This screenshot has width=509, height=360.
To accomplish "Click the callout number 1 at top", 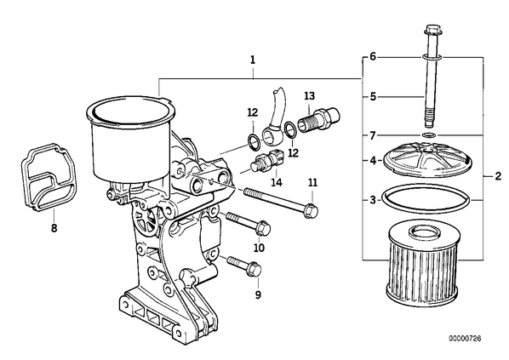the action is point(253,60).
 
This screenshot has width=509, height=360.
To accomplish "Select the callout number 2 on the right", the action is point(498,176).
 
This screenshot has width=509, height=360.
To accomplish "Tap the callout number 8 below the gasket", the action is point(54,228).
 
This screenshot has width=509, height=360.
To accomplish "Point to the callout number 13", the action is point(309,96).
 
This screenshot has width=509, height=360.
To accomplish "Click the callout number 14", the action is point(277,182).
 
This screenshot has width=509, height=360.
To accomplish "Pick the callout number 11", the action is point(312,183).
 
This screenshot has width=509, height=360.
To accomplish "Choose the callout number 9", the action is point(258,294).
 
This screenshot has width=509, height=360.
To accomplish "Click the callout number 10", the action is point(259,248).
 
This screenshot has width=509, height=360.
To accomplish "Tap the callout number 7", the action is point(373,135).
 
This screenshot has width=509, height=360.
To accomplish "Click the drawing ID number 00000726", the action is point(465,339).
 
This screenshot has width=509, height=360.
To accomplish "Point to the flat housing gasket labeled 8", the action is point(49,178).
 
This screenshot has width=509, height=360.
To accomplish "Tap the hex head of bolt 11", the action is point(311,211).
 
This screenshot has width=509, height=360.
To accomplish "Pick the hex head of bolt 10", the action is point(262,228).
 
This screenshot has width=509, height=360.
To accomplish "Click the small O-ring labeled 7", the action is point(429,134).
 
